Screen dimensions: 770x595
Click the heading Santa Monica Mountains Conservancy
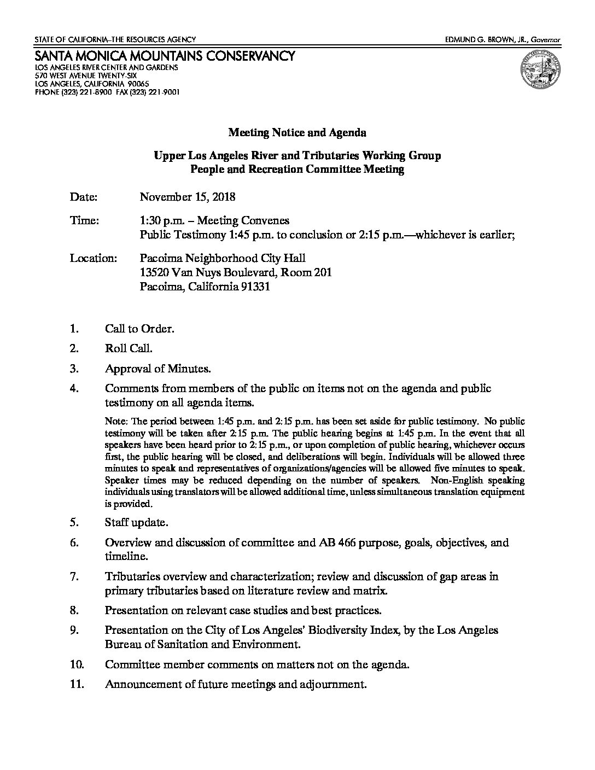click(165, 56)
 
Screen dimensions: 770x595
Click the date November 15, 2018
click(188, 196)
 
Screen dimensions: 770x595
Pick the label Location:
click(93, 258)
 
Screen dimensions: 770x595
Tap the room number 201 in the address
click(323, 272)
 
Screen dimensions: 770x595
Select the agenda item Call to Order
click(139, 329)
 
